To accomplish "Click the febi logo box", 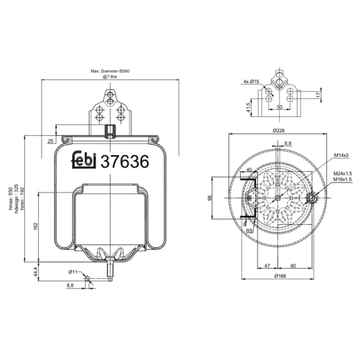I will [85, 160].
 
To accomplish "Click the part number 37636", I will [124, 161].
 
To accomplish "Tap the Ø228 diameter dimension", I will [278, 130].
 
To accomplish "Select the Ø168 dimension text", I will [278, 275].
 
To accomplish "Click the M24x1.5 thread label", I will [342, 173].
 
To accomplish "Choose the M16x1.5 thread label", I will [342, 179].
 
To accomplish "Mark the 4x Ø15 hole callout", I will [251, 82].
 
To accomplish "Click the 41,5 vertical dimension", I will [248, 107].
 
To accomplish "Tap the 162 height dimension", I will [35, 226].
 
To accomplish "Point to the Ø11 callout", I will [73, 272].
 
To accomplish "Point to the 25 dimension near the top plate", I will [51, 141].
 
